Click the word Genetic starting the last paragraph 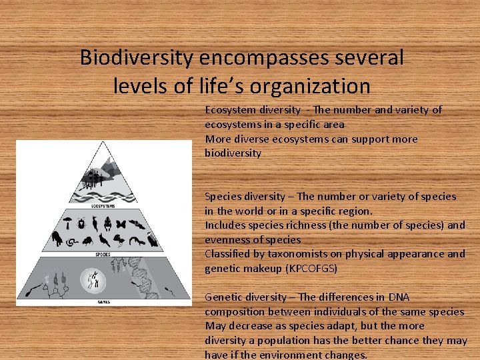point(223,297)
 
